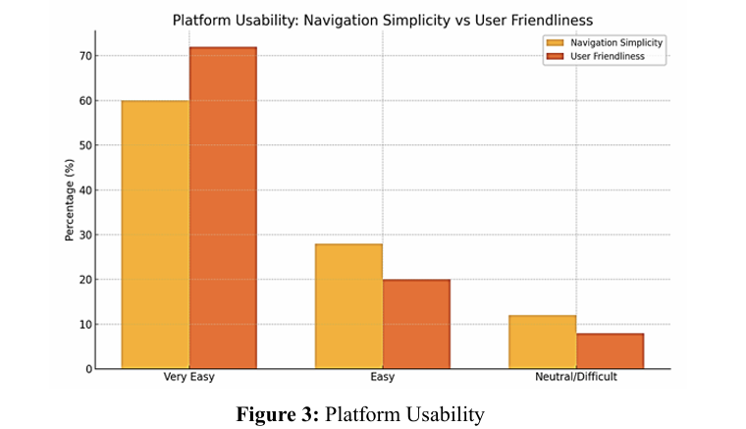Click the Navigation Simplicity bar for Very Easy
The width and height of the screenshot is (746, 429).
(x=155, y=235)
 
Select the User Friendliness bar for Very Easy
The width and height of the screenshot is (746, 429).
(x=223, y=208)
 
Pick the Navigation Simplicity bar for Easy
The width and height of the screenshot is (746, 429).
(x=348, y=306)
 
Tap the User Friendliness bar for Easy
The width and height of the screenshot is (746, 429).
(x=416, y=324)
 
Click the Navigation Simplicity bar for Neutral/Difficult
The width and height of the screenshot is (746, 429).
(x=542, y=342)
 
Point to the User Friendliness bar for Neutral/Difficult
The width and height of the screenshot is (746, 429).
(x=610, y=350)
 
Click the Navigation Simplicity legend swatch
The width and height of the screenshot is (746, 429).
(x=555, y=43)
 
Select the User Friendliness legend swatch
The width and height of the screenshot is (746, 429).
(x=555, y=58)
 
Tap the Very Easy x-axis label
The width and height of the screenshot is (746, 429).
(x=189, y=377)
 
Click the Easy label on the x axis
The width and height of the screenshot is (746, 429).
(x=383, y=377)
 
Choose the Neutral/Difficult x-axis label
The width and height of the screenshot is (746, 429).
(x=576, y=377)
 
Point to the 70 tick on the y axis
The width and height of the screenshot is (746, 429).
(x=86, y=56)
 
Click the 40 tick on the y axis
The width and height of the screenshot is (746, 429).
(x=86, y=190)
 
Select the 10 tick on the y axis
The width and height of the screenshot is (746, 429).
(x=86, y=325)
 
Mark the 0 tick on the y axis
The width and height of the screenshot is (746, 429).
(x=89, y=369)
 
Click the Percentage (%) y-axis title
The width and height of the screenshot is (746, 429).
(x=70, y=200)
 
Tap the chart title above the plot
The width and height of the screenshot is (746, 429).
(x=383, y=20)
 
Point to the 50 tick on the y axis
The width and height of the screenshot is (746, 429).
(x=86, y=145)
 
